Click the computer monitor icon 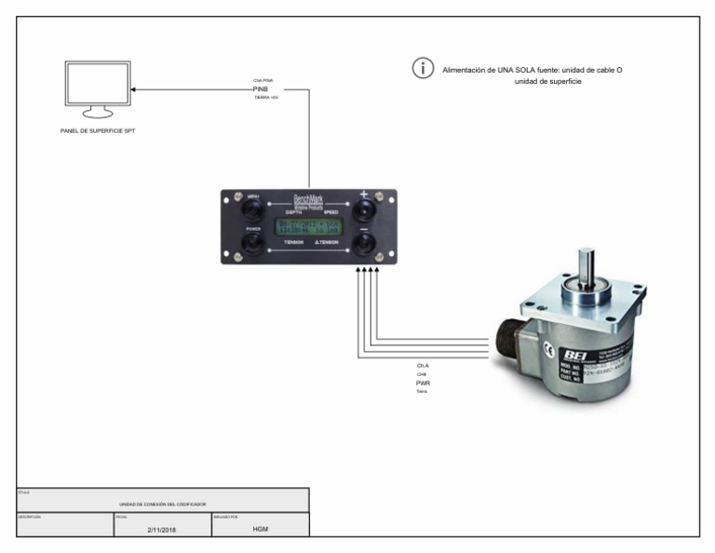94,88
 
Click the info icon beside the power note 424,69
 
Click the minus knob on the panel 363,244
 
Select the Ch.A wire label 423,366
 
